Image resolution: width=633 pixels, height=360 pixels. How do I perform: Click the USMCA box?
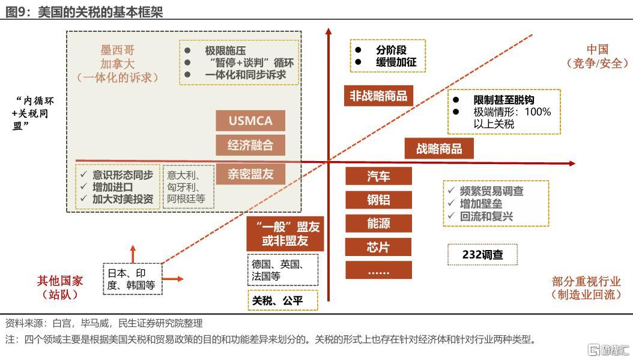pos(250,120)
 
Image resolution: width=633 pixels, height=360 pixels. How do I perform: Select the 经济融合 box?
pos(250,145)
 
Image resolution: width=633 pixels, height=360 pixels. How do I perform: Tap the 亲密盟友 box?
pos(250,174)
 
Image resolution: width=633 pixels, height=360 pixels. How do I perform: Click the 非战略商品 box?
pos(378,96)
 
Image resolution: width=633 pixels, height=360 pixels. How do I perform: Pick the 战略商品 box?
pos(439,148)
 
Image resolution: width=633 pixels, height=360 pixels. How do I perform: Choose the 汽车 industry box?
pos(378,176)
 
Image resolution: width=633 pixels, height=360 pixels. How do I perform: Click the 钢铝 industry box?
pos(378,200)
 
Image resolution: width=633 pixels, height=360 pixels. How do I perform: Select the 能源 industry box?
pos(378,223)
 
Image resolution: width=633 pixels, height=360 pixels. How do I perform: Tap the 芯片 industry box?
pos(378,247)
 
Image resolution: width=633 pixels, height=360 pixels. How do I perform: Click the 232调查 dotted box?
pos(482,255)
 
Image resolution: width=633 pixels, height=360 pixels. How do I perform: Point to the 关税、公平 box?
pos(283,301)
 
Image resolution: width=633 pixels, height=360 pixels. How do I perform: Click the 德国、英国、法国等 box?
pos(283,270)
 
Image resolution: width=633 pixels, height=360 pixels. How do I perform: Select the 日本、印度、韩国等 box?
pos(132,279)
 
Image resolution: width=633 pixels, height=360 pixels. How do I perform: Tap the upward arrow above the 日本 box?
pos(133,254)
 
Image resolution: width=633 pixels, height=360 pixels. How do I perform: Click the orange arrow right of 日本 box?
pos(173,279)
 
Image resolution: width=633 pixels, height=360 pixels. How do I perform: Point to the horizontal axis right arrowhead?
pos(572,163)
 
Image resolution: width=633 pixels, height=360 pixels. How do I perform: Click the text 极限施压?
pos(225,51)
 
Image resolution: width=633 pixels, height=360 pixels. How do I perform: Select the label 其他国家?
pos(59,281)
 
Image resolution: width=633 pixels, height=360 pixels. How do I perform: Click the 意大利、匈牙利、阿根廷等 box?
pos(188,187)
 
